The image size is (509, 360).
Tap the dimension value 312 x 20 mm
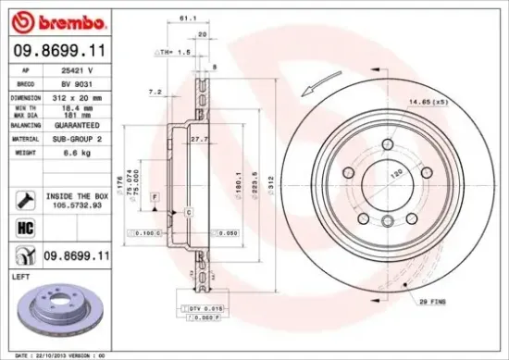(x=86, y=96)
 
